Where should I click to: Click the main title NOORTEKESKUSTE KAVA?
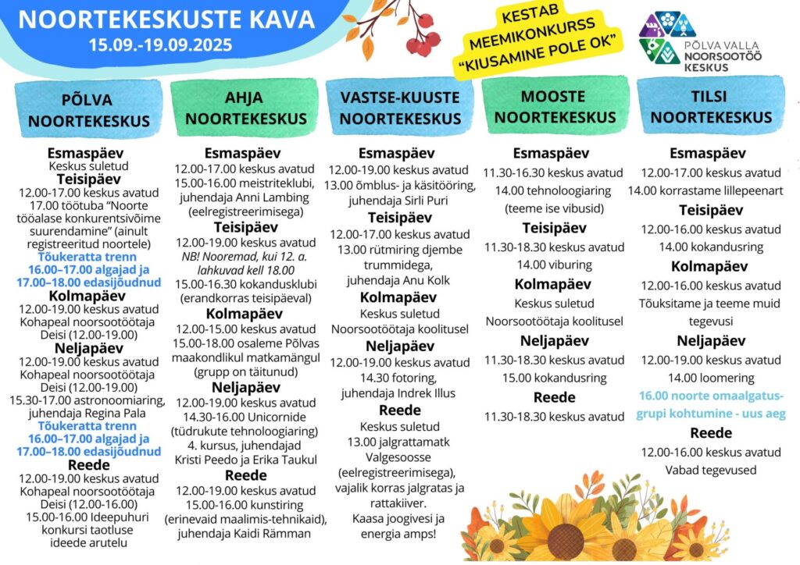[x=166, y=19]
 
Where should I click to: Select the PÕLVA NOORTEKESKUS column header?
[x=87, y=110]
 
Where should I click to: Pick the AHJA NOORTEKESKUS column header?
[x=244, y=108]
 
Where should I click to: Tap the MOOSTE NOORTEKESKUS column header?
[x=555, y=107]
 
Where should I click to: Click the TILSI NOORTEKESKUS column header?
[x=711, y=107]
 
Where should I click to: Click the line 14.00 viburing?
[x=554, y=264]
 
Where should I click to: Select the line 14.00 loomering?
[x=710, y=378]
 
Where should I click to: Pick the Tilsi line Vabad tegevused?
[x=710, y=469]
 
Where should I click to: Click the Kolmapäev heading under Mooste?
[x=554, y=283]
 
